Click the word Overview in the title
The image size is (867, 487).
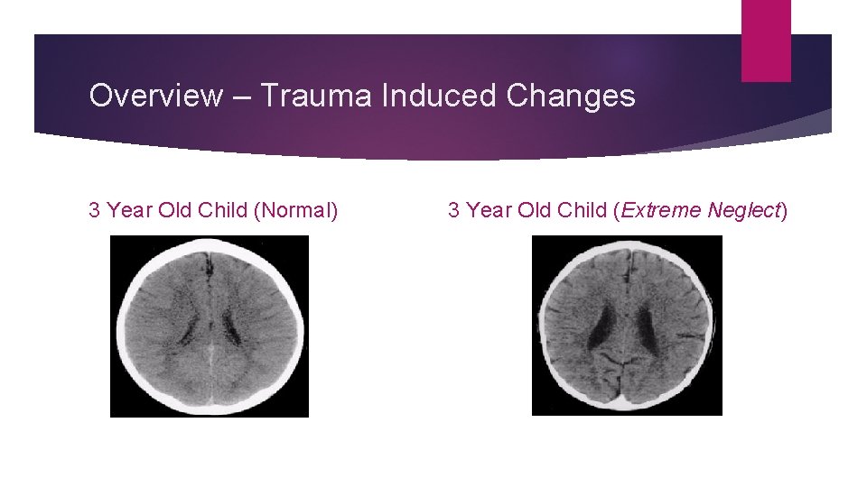(154, 96)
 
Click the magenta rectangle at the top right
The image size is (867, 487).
(766, 41)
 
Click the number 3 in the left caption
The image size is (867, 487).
(94, 211)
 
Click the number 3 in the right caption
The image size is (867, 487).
(454, 211)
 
